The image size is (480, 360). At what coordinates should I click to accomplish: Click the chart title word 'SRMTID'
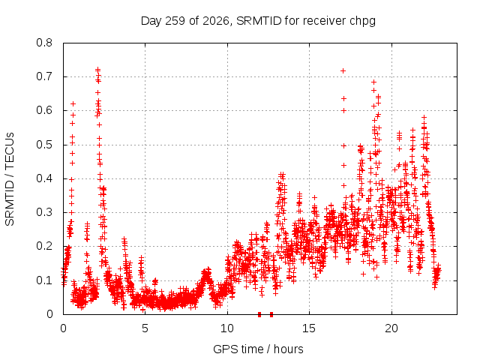click(259, 21)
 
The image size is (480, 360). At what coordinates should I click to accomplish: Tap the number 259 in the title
click(175, 21)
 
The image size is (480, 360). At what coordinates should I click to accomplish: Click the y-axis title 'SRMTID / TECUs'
click(10, 179)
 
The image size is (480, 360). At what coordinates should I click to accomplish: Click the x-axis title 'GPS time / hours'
click(258, 349)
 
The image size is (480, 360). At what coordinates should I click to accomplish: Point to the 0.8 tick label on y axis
click(44, 43)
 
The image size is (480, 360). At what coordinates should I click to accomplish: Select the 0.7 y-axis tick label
click(44, 76)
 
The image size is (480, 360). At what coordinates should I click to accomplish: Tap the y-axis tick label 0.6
click(44, 110)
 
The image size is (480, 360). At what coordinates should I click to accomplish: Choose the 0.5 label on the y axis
click(44, 145)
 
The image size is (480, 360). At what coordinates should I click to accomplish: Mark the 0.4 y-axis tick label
click(44, 178)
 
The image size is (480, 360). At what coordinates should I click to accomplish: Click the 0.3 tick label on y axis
click(44, 212)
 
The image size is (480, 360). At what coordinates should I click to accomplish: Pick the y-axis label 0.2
click(44, 247)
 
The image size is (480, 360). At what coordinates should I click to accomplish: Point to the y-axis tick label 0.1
click(44, 280)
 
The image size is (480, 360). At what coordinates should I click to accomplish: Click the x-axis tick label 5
click(145, 328)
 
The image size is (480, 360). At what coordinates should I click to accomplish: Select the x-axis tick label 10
click(227, 328)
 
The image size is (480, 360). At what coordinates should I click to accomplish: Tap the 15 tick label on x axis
click(309, 328)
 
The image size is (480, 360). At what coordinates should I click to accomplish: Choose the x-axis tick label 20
click(391, 328)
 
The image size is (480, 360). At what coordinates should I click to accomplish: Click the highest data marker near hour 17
click(343, 71)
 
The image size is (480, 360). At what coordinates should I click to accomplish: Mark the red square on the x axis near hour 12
click(259, 314)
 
